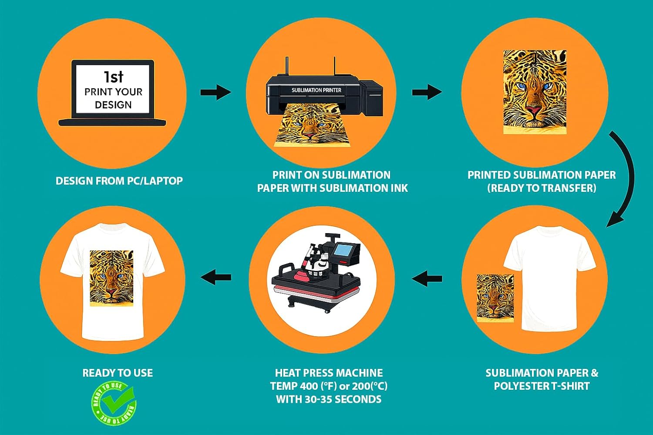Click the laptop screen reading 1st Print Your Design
coord(113,89)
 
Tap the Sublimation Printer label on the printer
coord(316,90)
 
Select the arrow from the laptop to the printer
coord(215,92)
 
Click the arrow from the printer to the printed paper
coord(427,92)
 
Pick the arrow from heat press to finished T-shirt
coord(215,277)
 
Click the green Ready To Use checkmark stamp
coord(114,403)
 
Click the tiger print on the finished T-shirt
coord(111,278)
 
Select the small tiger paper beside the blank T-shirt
coord(495,298)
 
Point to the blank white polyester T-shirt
coord(549,278)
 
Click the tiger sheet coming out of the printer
coord(310,126)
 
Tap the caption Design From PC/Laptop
coord(119,181)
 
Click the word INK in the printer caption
coord(398,188)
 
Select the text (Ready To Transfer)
coord(542,188)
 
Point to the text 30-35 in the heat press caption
coord(320,399)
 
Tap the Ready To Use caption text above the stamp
coord(118,373)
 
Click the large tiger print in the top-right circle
coord(535,91)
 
